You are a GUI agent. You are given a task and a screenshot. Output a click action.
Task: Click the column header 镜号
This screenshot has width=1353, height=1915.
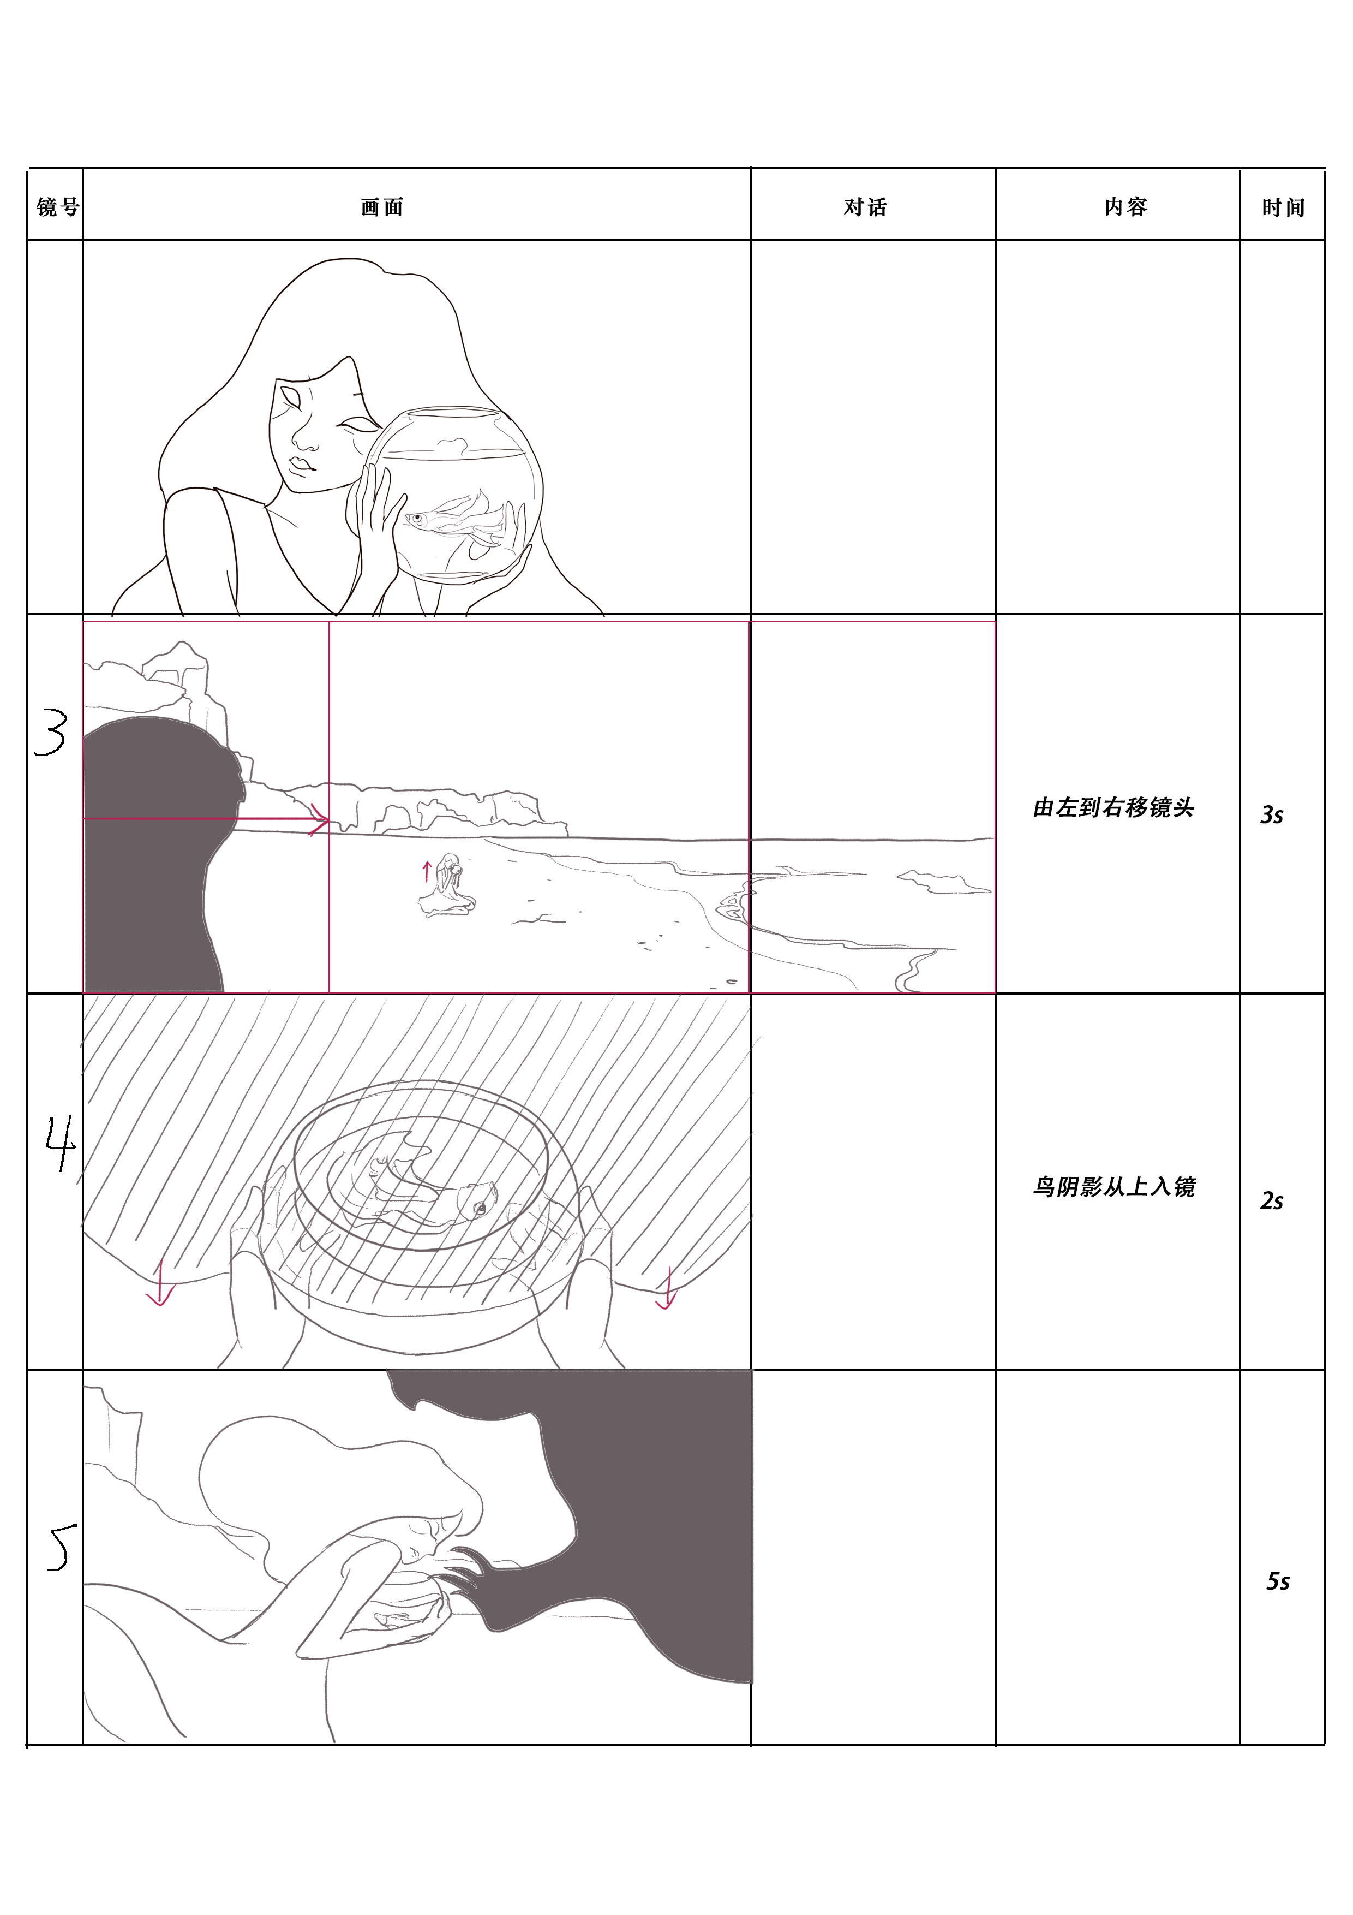(57, 207)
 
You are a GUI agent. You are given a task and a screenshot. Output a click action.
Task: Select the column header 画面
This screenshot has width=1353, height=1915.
(382, 207)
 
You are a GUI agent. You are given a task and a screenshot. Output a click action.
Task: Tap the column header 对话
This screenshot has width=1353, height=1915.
(865, 207)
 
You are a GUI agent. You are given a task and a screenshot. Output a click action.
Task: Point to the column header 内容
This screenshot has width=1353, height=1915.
(1126, 207)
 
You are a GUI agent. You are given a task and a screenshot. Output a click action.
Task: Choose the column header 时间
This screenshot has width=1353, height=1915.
(1283, 207)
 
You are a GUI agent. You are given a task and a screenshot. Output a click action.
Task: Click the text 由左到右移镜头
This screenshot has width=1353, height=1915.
(1113, 807)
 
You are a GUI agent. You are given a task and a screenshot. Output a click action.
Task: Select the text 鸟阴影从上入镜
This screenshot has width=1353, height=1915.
(1113, 1186)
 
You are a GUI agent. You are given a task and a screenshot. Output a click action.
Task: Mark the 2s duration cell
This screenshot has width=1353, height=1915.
(1271, 1200)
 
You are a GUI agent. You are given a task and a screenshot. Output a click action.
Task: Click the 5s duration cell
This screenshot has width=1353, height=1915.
(1278, 1581)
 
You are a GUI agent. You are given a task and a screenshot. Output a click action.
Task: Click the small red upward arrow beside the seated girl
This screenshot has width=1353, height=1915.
(427, 872)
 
